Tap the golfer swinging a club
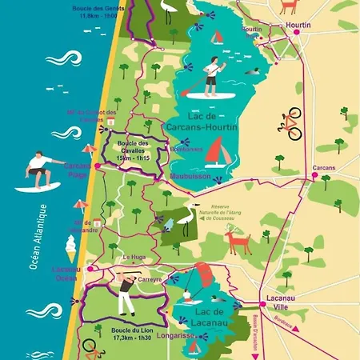(125, 294)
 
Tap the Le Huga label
(132, 256)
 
